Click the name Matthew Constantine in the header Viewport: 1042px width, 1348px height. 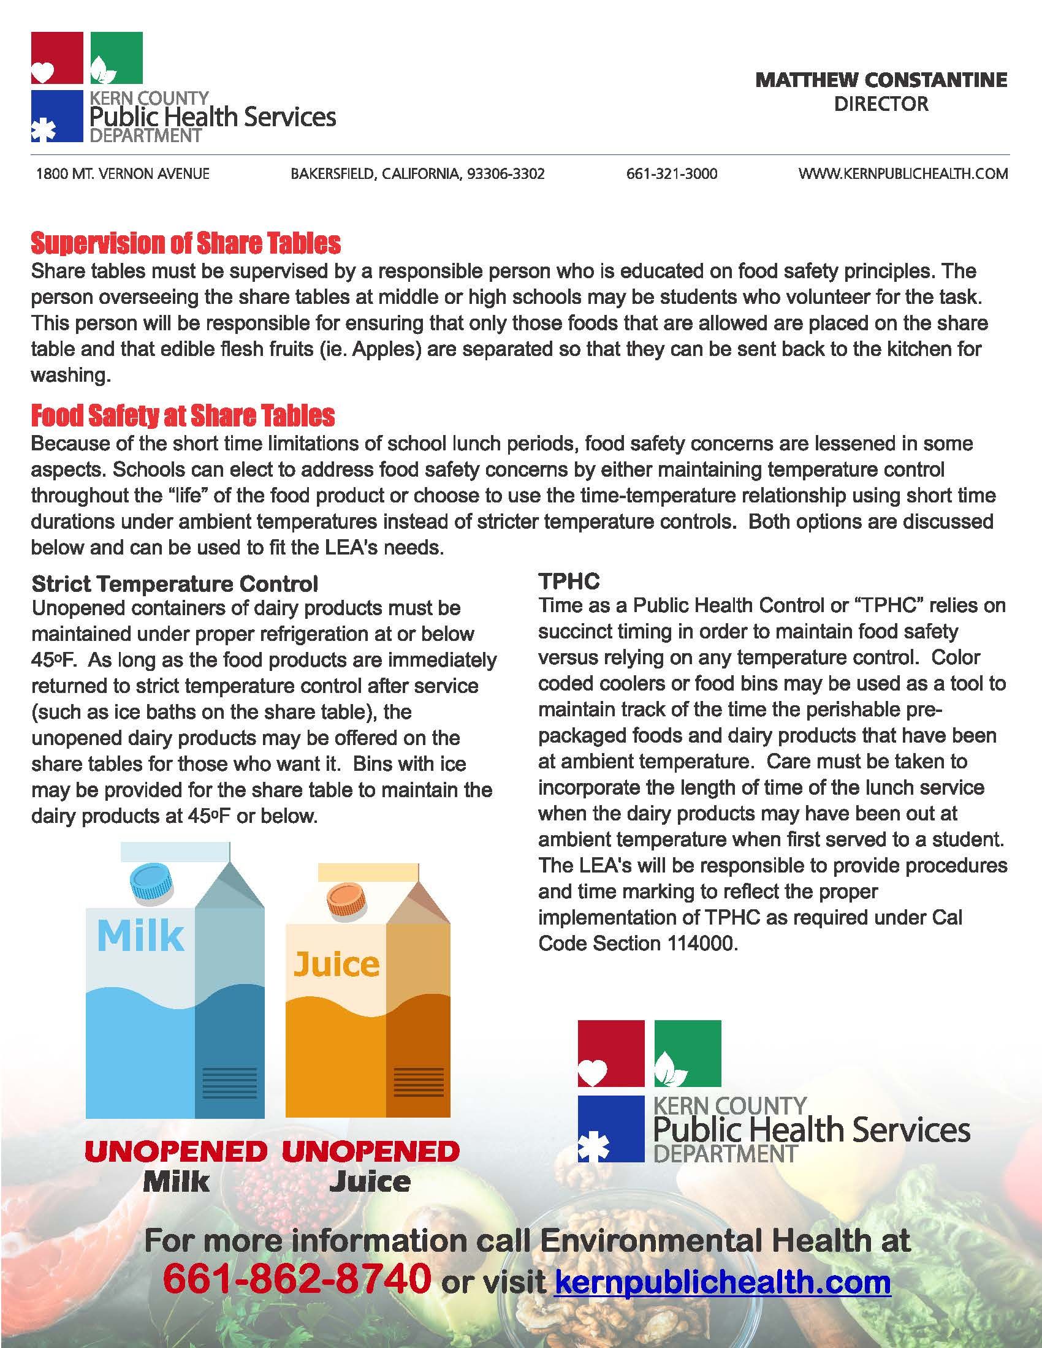881,80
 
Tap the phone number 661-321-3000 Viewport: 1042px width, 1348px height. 672,174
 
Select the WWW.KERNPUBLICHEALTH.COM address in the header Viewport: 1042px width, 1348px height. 903,174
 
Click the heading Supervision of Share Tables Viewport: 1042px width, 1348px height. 186,244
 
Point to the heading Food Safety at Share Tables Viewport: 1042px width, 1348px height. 183,416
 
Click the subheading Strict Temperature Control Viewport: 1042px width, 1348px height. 175,583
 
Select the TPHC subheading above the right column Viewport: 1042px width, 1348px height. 569,581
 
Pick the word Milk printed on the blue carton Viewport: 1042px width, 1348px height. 141,937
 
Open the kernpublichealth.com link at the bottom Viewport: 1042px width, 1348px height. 723,1281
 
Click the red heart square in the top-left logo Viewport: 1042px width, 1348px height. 57,58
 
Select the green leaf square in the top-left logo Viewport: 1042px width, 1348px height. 116,58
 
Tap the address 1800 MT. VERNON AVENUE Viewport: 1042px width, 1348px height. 123,174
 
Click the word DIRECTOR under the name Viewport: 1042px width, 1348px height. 881,104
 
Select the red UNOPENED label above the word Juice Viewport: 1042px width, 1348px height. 370,1151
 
